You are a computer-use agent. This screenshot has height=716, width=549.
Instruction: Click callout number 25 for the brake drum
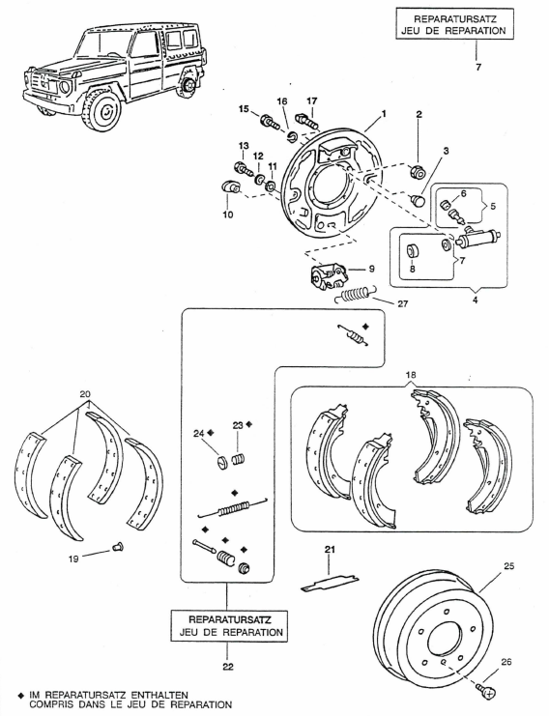(x=508, y=566)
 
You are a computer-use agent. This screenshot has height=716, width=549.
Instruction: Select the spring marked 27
(x=355, y=295)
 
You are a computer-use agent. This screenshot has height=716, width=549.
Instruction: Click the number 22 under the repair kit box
(x=228, y=667)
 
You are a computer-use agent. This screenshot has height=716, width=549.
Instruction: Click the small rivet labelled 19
(x=118, y=546)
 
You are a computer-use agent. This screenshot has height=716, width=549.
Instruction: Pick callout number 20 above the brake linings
(x=85, y=394)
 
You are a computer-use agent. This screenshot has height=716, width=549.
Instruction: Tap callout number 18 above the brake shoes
(x=411, y=375)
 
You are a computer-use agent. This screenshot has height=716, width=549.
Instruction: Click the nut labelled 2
(x=418, y=171)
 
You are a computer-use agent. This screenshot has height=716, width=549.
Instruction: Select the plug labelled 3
(x=417, y=199)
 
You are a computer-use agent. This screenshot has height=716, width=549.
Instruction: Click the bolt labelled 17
(x=307, y=120)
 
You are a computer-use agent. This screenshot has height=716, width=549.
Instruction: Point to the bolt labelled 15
(x=270, y=122)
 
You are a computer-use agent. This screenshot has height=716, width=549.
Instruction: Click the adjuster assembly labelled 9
(x=328, y=275)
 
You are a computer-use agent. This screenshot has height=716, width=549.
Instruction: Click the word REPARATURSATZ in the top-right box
(x=454, y=19)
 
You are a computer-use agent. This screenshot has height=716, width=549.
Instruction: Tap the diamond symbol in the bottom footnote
(x=20, y=695)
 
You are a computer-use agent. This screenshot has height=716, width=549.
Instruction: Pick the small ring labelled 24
(x=221, y=464)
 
